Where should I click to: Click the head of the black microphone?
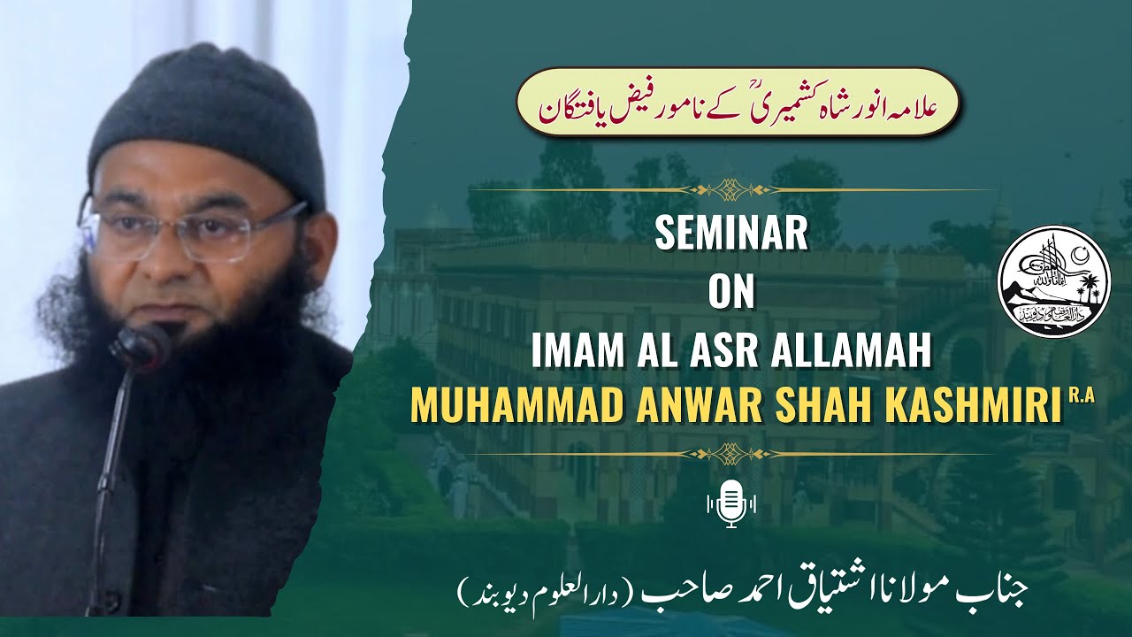tap(141, 345)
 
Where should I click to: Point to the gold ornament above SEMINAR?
tap(730, 188)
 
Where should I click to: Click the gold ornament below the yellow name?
tap(730, 453)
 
